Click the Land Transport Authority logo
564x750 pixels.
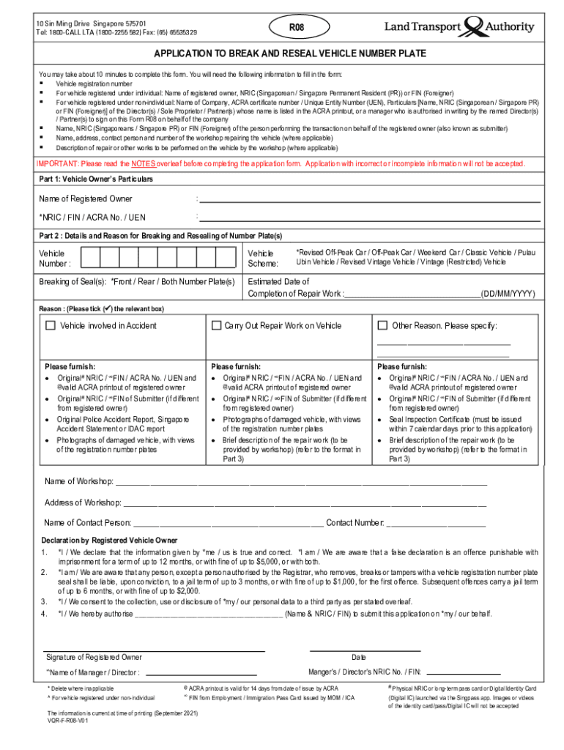[460, 28]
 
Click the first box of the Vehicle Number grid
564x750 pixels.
[90, 258]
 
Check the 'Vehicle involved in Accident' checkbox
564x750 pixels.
[51, 325]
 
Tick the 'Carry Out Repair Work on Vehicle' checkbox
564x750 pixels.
[216, 325]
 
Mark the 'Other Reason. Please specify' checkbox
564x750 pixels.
[382, 325]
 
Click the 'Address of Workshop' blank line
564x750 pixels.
[305, 504]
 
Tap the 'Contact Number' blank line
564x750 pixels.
[437, 524]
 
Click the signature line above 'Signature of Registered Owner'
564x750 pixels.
[155, 650]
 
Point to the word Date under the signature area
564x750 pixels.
[359, 658]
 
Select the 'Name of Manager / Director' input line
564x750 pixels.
[201, 673]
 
